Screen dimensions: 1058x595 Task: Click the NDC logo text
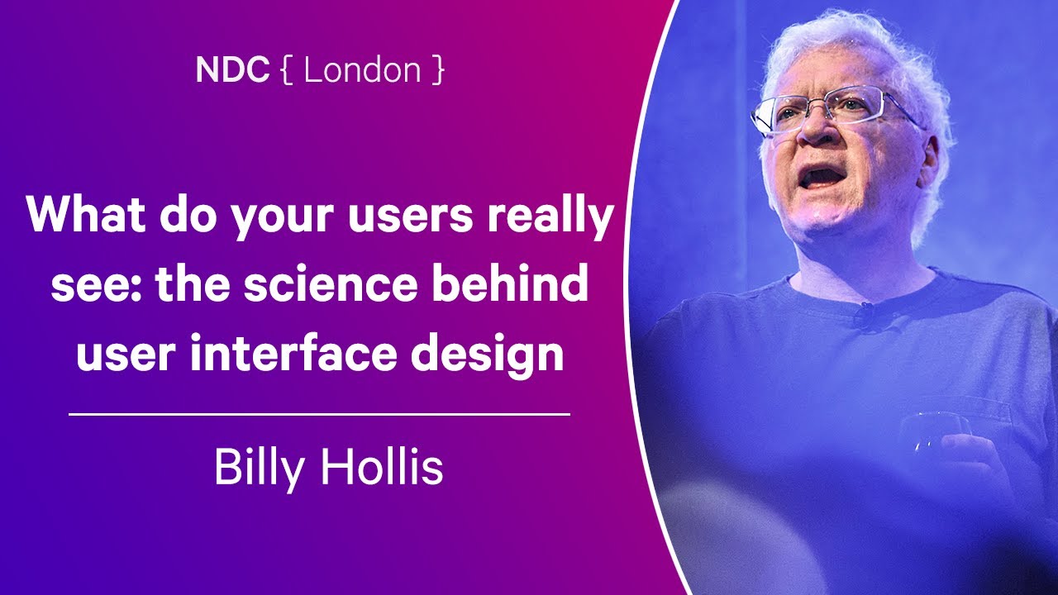click(x=232, y=69)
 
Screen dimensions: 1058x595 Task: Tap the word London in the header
click(x=362, y=69)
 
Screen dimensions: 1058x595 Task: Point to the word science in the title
click(x=331, y=284)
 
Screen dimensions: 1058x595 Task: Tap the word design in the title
click(x=487, y=355)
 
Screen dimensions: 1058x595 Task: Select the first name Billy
click(x=259, y=469)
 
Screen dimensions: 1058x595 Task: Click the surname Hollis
click(x=382, y=465)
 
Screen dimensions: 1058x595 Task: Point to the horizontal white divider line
click(x=319, y=415)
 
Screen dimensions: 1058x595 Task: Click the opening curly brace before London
click(x=286, y=70)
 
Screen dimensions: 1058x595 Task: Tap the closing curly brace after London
click(x=438, y=70)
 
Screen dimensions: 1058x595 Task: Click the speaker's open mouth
click(x=822, y=178)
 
